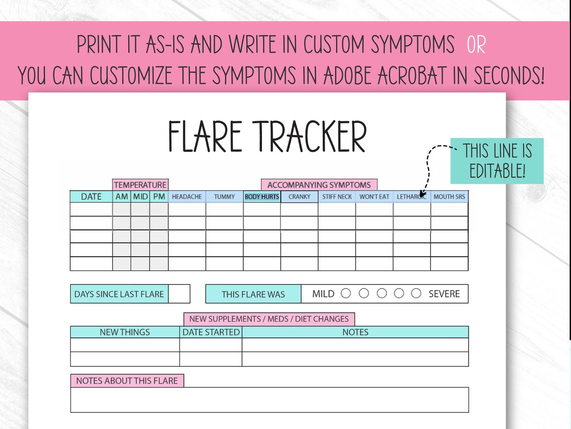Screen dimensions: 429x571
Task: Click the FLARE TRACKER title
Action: (x=267, y=136)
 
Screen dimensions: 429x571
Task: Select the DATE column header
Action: (x=91, y=197)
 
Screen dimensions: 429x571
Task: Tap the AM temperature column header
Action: (x=122, y=197)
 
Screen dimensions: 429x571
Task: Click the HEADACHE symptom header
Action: (x=187, y=197)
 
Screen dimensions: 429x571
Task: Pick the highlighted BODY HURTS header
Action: (x=262, y=197)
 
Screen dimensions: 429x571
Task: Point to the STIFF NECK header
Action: (x=337, y=197)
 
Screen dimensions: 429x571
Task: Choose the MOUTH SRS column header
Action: (x=449, y=197)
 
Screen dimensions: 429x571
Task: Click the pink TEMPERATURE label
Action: (x=140, y=185)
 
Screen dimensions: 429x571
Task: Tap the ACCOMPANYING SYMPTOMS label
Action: (x=319, y=185)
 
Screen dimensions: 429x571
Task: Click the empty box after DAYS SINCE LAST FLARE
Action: (x=179, y=294)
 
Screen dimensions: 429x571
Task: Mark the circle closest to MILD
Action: (x=346, y=294)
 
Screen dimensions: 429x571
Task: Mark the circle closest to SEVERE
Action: (x=416, y=294)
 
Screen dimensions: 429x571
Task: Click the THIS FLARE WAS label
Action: (x=253, y=294)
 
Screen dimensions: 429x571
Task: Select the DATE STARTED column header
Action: (x=211, y=332)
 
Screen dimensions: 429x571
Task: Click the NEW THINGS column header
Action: (x=125, y=332)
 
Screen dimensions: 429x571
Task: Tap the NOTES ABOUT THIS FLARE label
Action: (x=127, y=381)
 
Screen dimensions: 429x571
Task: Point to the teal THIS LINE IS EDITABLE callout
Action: (x=497, y=161)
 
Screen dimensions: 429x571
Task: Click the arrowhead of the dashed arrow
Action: (x=422, y=193)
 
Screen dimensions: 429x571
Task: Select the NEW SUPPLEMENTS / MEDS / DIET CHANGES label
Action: (x=269, y=319)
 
